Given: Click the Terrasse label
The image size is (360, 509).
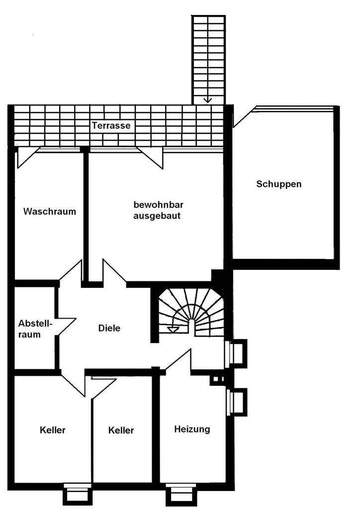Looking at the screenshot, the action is point(111,126).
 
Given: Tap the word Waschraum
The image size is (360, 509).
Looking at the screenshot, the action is point(50,212).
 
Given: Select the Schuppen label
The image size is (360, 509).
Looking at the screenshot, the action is point(279,184).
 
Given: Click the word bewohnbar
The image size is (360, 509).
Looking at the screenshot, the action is point(159,205).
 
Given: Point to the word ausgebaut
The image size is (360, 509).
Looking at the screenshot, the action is point(157,216).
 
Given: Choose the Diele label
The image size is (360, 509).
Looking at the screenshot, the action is point(109,328).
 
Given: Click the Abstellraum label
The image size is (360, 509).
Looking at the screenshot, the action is point(35,329).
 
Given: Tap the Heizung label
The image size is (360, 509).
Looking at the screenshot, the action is point(192,429).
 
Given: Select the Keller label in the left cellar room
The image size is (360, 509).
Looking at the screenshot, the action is point(53,430).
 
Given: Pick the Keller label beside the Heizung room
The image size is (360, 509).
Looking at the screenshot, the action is point(121,430).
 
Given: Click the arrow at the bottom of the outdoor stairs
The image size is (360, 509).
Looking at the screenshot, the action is point(207,99).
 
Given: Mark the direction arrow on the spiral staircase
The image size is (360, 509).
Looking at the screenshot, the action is point(173,329).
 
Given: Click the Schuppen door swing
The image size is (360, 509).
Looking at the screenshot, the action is point(245,116).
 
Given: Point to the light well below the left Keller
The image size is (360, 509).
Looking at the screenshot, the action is point(77,494).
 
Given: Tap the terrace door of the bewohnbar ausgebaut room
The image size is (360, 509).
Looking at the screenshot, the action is point(150,158).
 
